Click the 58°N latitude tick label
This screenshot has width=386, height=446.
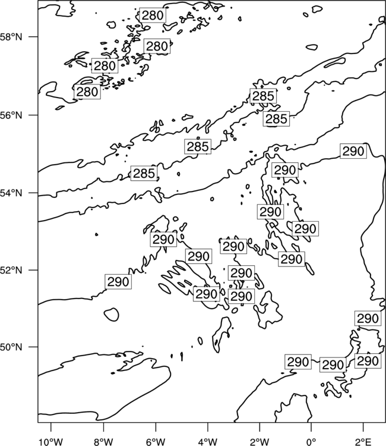[11, 37]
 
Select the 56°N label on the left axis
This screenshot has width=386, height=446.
[11, 115]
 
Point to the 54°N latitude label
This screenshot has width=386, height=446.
[11, 193]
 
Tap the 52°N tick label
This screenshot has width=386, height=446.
[11, 270]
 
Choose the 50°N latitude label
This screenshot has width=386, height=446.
[11, 347]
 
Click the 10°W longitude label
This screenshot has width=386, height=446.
[51, 442]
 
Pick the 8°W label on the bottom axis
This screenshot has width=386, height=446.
[103, 442]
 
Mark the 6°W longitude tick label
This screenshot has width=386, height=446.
[156, 442]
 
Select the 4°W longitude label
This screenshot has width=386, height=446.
[208, 442]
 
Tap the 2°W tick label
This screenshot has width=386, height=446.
[260, 442]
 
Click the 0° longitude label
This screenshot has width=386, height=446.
[311, 442]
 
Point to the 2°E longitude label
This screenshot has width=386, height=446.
[363, 442]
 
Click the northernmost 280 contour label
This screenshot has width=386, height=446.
[153, 15]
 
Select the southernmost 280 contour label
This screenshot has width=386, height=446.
[87, 92]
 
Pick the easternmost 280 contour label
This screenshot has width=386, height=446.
[157, 46]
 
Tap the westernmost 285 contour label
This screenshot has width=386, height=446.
[144, 173]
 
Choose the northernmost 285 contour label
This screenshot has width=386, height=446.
[263, 96]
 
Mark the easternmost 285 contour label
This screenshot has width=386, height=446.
[276, 118]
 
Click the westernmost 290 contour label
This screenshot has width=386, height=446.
[118, 282]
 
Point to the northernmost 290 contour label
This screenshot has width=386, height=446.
[353, 151]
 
